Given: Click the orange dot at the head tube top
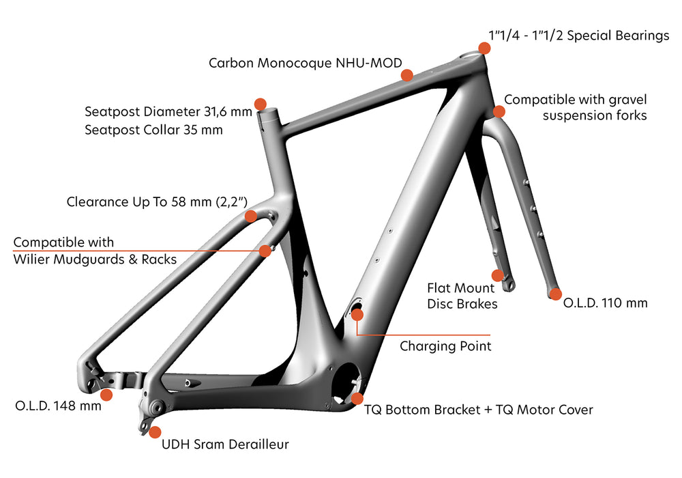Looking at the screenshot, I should click(x=484, y=48).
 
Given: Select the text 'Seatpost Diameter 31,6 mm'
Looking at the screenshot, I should click(x=168, y=111).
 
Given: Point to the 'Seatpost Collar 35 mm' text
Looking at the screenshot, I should click(x=153, y=130).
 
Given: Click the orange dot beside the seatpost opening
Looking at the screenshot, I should click(x=260, y=104).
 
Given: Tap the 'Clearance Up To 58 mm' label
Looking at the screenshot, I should click(x=157, y=202).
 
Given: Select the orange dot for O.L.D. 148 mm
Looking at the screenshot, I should click(x=106, y=395).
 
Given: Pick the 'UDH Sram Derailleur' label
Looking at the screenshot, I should click(x=225, y=445).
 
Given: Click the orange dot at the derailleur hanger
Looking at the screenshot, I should click(x=155, y=432).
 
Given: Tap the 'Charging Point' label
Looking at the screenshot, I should click(x=445, y=346).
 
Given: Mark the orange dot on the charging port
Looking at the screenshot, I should click(x=357, y=314).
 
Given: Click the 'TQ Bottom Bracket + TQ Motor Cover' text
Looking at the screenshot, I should click(x=478, y=410).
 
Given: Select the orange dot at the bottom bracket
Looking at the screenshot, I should click(x=357, y=398).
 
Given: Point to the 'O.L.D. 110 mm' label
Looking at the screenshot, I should click(x=606, y=303).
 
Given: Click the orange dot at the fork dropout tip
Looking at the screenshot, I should click(x=556, y=295).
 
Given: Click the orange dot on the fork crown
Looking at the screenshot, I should click(x=499, y=111).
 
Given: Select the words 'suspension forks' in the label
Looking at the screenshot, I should click(x=595, y=116).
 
